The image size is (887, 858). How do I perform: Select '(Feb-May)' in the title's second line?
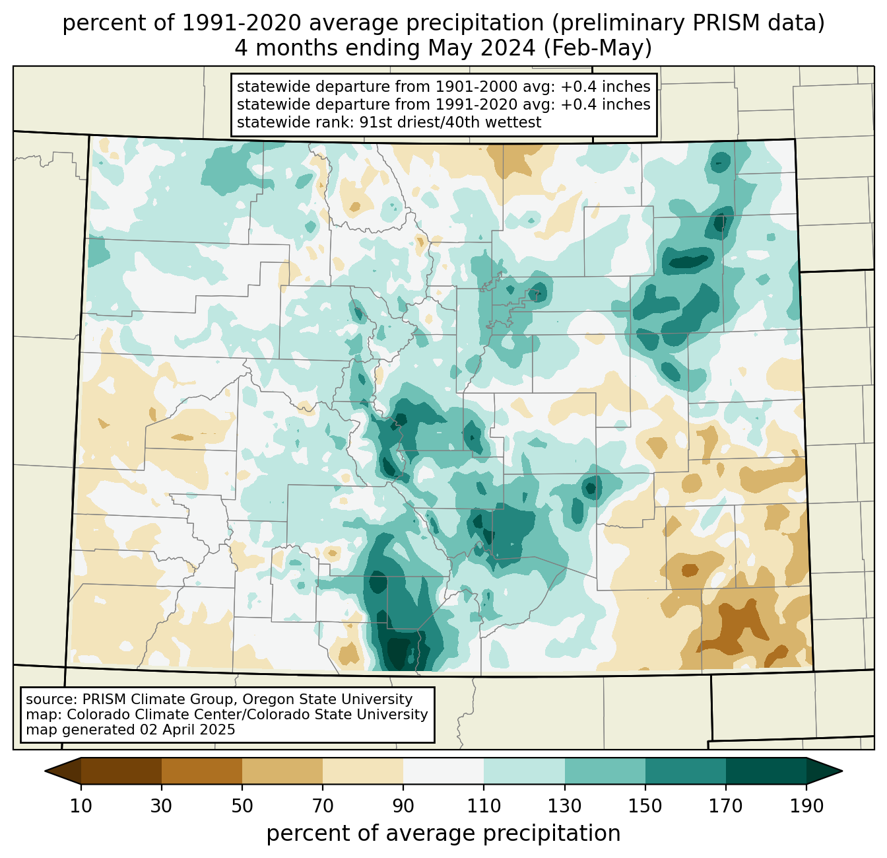597,48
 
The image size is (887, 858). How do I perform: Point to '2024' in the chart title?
514,48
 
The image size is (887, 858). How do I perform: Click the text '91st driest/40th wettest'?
450,122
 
